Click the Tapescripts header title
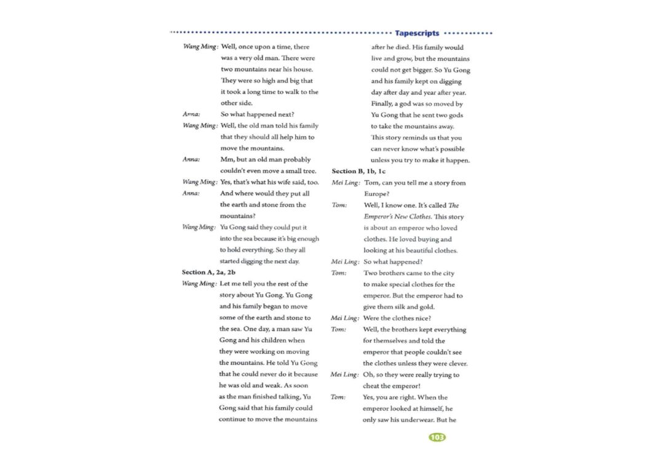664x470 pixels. [417, 33]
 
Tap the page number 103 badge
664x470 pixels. [437, 437]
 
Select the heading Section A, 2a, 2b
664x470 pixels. [209, 272]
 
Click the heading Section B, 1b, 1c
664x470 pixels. [359, 171]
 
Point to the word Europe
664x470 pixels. [377, 194]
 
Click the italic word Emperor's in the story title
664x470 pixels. [380, 217]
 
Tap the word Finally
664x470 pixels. [384, 104]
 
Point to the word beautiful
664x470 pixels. [422, 250]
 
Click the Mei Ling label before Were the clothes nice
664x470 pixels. [344, 318]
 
